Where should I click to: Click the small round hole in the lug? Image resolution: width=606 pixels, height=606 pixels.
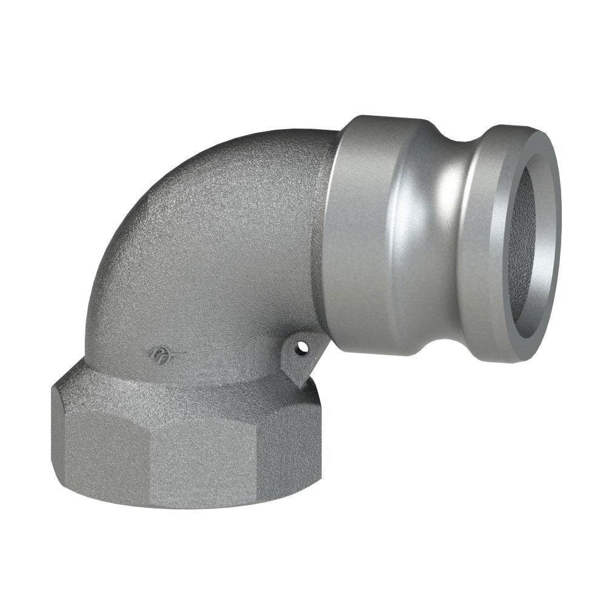(x=299, y=348)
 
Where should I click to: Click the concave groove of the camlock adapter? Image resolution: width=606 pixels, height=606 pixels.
(x=448, y=230)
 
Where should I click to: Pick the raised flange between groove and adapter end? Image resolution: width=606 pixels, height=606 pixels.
(x=485, y=242)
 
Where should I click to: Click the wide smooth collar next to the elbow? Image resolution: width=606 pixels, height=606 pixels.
(x=364, y=236)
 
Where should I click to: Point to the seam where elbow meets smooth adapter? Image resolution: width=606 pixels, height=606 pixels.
(x=330, y=242)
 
